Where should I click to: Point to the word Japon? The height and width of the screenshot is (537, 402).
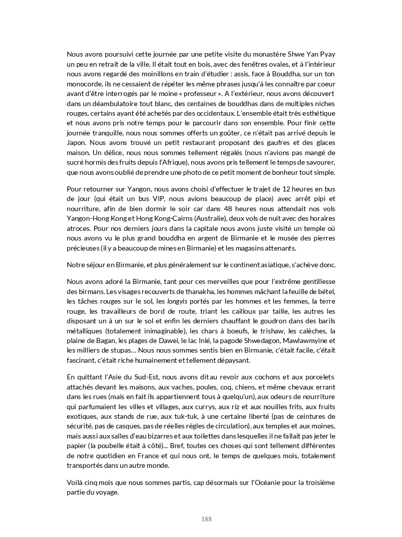pyautogui.click(x=77, y=143)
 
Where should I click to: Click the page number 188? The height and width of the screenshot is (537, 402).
pyautogui.click(x=206, y=519)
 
